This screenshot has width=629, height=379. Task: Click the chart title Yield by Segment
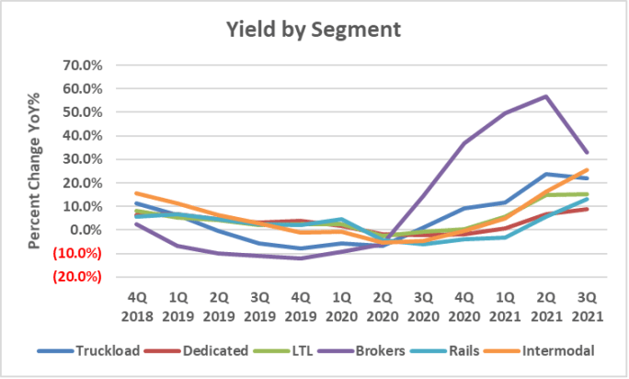coord(314,29)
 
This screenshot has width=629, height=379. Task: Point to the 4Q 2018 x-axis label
coord(136,304)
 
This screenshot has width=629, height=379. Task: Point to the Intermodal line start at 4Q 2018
coord(136,193)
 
